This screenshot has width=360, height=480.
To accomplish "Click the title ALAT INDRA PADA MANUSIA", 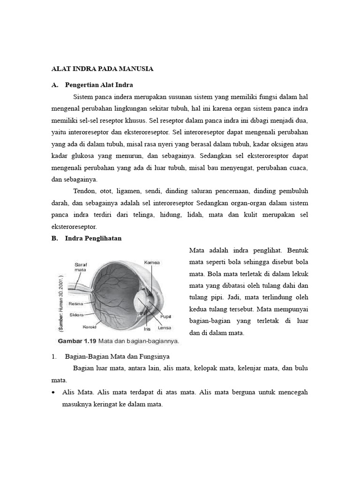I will point(102,69).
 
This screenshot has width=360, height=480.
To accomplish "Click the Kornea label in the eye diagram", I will point(152,262).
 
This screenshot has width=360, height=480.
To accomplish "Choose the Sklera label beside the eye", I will point(76,315).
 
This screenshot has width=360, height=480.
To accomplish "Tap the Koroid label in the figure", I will point(90,327).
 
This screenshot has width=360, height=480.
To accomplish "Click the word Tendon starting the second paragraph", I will point(85,191).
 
